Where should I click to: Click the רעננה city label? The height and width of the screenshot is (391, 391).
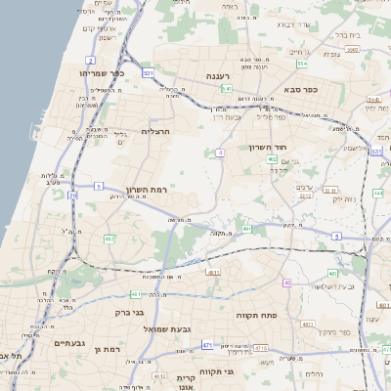[217, 75]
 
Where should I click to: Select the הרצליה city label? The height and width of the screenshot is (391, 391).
[156, 131]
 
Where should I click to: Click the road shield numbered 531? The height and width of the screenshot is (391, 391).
[148, 72]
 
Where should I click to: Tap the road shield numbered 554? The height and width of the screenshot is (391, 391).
[302, 64]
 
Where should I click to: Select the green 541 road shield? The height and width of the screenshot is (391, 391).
[227, 89]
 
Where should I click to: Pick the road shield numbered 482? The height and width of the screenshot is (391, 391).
[109, 238]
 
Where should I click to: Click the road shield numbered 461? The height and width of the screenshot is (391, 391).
[136, 292]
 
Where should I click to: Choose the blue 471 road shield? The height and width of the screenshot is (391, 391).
[206, 345]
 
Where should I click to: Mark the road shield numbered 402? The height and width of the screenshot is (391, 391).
[272, 158]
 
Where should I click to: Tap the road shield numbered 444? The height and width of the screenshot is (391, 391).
[377, 194]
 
